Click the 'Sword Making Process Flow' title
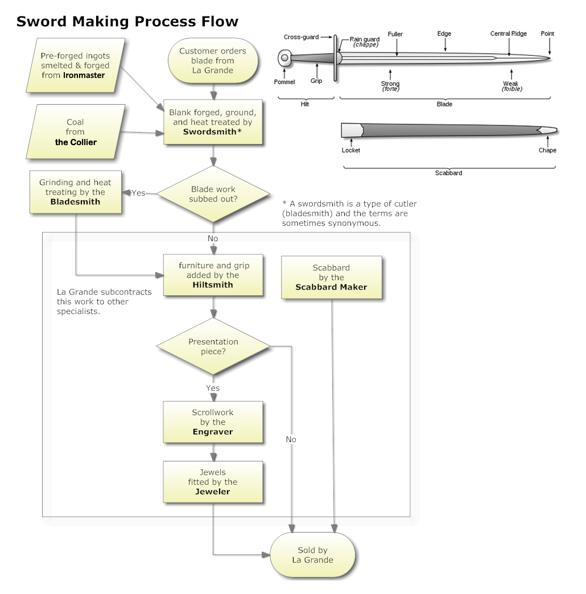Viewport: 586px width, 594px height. click(x=127, y=22)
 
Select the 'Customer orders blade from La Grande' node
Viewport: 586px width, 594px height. click(x=213, y=61)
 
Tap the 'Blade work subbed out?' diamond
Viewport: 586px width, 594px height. click(x=213, y=194)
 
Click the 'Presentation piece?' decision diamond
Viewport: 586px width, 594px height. click(x=213, y=346)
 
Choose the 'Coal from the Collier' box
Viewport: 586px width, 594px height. click(x=76, y=132)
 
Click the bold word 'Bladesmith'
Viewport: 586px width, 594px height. click(x=75, y=201)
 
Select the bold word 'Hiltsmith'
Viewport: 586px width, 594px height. click(x=213, y=284)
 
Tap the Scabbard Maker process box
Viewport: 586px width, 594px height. click(x=331, y=277)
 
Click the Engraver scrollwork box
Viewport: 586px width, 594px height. click(x=213, y=422)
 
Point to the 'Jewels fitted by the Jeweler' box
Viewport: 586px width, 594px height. click(x=213, y=482)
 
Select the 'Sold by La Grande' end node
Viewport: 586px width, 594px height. click(x=312, y=555)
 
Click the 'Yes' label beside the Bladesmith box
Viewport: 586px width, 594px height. click(x=138, y=193)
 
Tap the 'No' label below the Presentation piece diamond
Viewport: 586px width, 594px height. click(x=291, y=439)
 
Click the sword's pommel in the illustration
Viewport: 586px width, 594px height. click(x=284, y=58)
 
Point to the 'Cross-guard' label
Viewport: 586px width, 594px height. click(x=301, y=38)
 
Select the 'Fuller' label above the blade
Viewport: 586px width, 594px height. click(x=395, y=34)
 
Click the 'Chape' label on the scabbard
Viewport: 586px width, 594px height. click(x=547, y=150)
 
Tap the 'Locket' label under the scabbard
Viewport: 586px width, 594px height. click(x=350, y=150)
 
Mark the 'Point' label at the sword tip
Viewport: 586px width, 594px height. click(x=547, y=34)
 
